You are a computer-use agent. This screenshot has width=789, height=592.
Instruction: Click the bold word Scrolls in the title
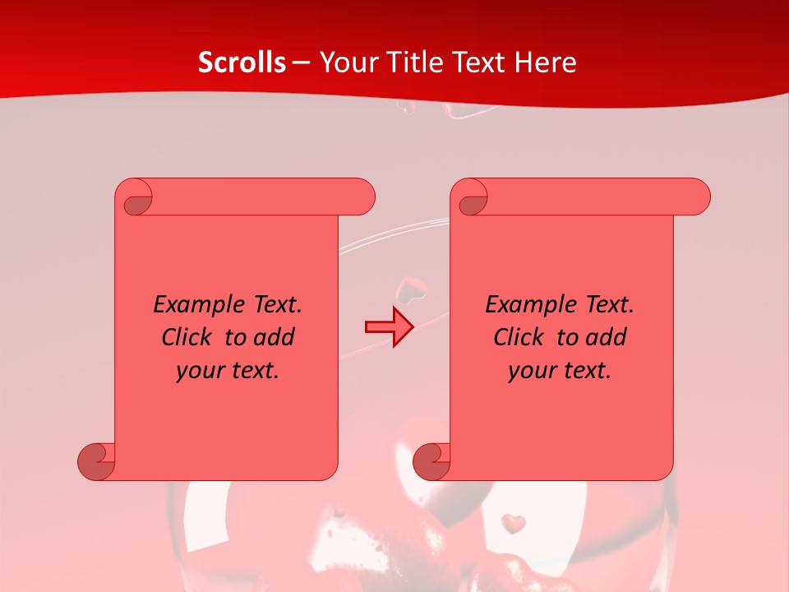pos(242,62)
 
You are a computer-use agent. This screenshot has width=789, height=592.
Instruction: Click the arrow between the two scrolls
pos(389,327)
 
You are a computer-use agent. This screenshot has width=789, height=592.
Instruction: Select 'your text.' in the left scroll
pos(228,371)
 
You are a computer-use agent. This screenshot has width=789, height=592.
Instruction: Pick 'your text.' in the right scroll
pos(560,371)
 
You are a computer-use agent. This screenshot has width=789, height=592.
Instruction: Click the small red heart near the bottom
pos(514,523)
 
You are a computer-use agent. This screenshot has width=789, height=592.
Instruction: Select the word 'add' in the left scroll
pos(275,337)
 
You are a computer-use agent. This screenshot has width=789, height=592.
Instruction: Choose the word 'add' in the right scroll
pos(607,337)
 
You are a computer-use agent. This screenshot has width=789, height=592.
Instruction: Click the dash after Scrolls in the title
pos(301,62)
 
